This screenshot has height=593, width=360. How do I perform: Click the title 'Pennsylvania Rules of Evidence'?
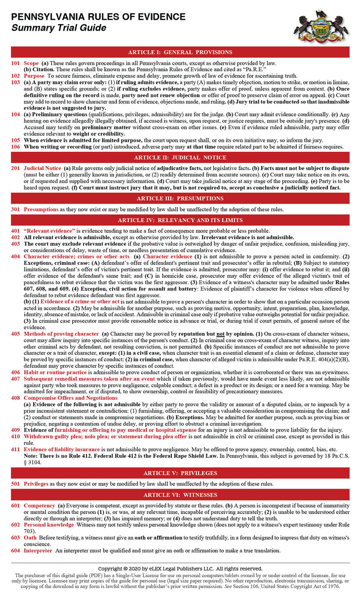99,17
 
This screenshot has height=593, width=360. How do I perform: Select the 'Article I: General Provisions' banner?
180,52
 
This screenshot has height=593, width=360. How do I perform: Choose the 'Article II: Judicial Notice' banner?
180,158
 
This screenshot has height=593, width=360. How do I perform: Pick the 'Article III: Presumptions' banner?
180,198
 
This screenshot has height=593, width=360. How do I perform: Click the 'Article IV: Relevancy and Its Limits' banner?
180,220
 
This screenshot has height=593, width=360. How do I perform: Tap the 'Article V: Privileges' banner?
180,473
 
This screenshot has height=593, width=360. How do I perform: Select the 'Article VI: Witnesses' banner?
180,495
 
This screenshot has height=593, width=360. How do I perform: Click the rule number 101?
15,63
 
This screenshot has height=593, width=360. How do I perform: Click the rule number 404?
15,256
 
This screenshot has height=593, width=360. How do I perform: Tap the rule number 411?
15,449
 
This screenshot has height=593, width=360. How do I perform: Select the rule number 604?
15,551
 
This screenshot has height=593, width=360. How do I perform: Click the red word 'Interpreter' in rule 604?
38,551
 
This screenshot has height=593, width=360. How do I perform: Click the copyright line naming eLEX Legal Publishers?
180,569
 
